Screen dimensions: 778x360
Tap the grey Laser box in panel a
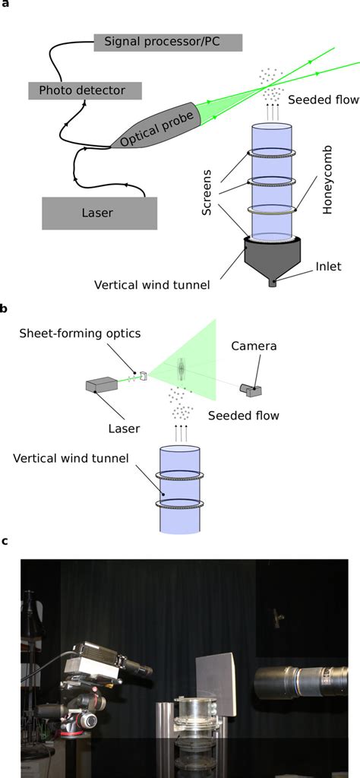(x=99, y=213)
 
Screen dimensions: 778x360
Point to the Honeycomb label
(x=327, y=188)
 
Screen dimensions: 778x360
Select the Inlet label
(x=328, y=266)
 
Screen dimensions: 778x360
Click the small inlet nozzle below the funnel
(x=273, y=283)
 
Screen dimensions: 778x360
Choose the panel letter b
(x=5, y=308)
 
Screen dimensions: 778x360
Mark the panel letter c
(x=5, y=542)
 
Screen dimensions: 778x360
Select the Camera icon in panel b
(x=250, y=389)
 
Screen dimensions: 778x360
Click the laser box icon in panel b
(x=100, y=387)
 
